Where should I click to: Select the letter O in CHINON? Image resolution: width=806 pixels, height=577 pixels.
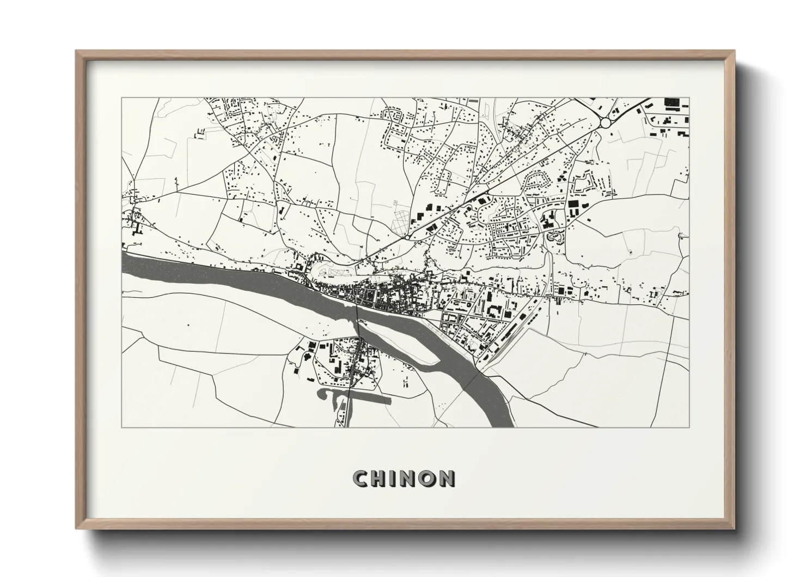(428, 479)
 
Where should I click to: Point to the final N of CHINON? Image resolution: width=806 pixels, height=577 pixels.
(447, 479)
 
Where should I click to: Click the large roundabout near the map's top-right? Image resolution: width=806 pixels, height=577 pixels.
(605, 124)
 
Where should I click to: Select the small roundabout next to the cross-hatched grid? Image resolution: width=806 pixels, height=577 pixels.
(407, 238)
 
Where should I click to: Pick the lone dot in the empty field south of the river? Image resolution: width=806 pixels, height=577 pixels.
(188, 325)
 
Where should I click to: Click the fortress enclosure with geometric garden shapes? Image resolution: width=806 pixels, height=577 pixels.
(332, 271)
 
